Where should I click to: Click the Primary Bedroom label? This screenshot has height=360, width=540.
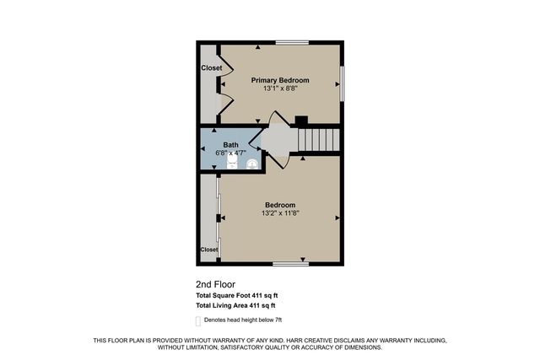tap(280, 80)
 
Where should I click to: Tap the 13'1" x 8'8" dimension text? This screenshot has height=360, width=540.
tap(280, 89)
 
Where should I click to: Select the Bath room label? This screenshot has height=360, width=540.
tap(230, 145)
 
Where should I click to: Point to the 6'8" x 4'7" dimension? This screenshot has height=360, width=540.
tap(230, 153)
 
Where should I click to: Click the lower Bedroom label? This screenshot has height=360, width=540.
tap(280, 205)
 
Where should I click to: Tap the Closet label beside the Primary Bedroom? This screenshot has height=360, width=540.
tap(211, 67)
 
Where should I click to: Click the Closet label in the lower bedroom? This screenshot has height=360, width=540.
tap(209, 250)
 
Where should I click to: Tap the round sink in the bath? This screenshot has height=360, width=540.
tap(251, 166)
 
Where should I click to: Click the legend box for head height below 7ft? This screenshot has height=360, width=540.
tap(198, 320)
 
